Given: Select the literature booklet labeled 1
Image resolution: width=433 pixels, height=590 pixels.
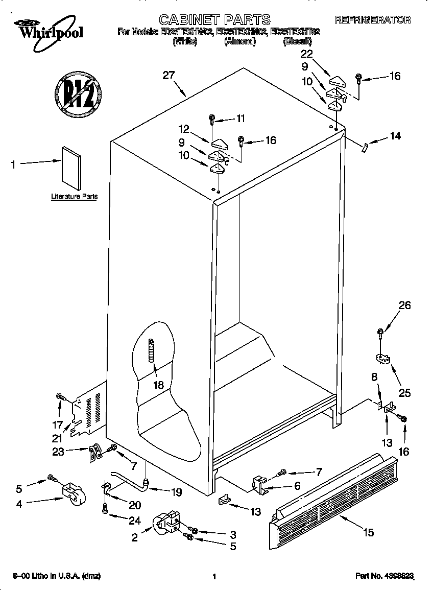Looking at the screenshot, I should click(71, 168).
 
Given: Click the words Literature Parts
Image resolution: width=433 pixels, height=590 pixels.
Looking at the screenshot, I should click(74, 196).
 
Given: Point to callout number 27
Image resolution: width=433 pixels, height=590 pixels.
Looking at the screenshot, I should click(169, 75).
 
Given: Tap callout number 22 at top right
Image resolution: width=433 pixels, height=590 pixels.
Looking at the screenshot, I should click(306, 54).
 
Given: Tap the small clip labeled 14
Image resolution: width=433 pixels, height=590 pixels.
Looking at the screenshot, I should click(364, 147).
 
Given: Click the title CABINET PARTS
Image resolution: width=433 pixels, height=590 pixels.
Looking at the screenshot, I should click(214, 20).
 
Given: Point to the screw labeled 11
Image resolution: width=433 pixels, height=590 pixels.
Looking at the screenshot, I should click(211, 120).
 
